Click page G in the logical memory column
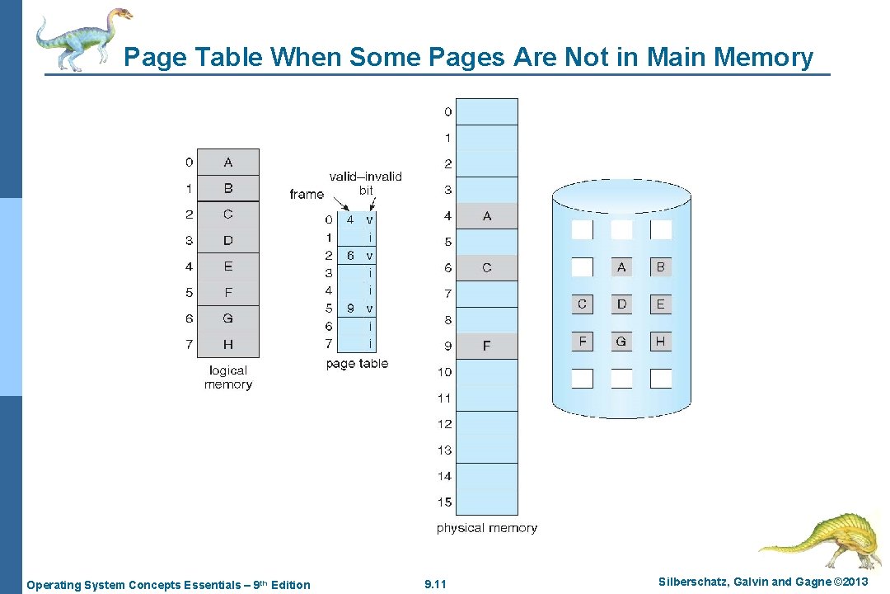228,318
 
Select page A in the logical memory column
228,163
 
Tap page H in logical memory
228,344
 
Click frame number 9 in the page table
350,309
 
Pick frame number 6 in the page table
350,256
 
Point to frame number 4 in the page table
350,220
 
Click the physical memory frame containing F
486,346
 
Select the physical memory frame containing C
486,267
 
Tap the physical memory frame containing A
486,216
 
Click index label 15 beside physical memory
444,502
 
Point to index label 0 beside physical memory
447,111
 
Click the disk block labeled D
621,304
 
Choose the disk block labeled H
660,341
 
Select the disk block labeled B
660,266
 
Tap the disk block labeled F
583,341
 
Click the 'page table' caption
357,364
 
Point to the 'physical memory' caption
486,528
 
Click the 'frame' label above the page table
307,195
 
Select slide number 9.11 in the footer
435,585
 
